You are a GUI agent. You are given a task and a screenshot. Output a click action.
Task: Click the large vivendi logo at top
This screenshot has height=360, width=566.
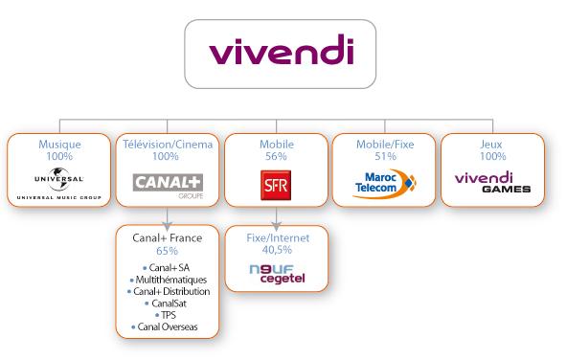[283, 53]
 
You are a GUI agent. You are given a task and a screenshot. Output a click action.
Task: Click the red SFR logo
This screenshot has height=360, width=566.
[275, 182]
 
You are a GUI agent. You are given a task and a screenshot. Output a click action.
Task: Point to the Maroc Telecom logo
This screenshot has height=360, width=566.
[385, 181]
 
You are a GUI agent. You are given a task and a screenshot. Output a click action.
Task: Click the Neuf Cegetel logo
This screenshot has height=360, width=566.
[274, 273]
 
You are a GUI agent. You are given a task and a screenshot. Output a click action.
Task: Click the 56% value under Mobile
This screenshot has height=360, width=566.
[275, 155]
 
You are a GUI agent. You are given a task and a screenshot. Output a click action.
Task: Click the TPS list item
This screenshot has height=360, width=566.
[168, 314]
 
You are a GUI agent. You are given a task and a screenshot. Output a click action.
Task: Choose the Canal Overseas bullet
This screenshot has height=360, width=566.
[168, 326]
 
